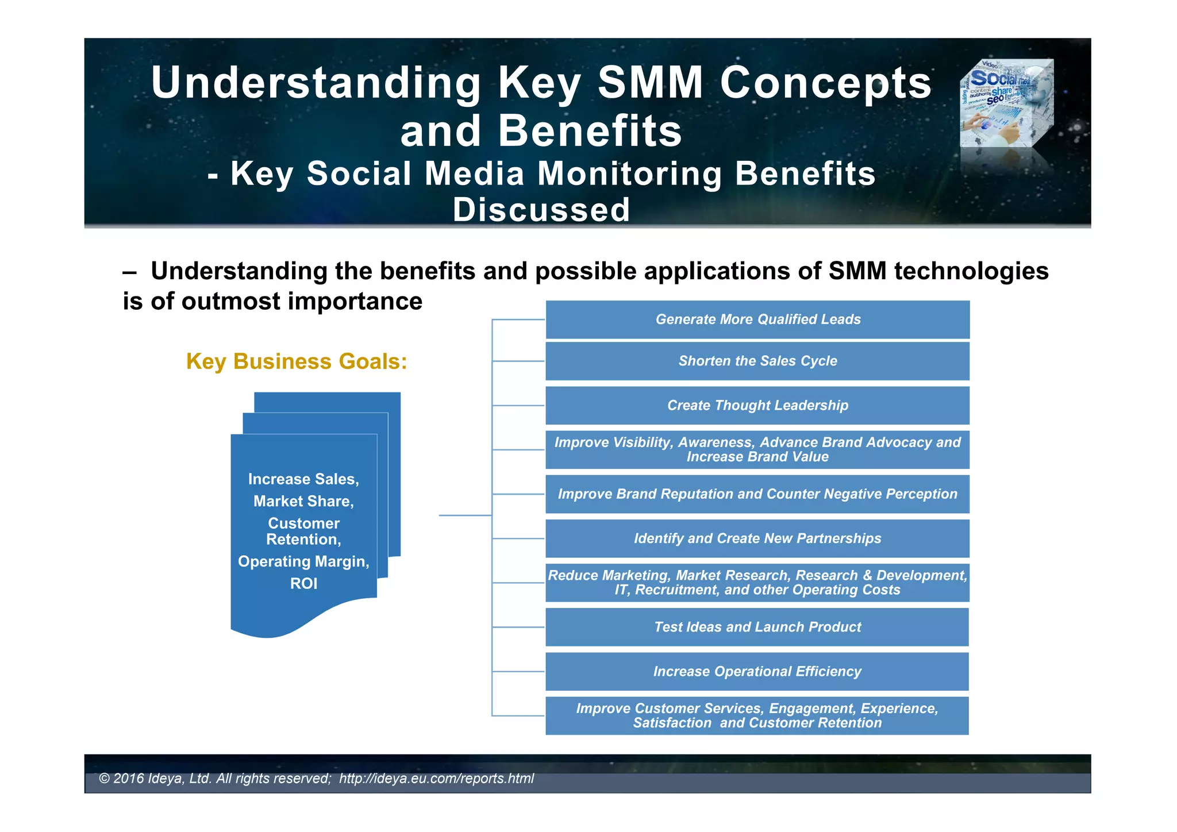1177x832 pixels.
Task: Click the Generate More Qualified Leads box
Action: pos(757,319)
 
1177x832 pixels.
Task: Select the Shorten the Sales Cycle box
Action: pos(757,361)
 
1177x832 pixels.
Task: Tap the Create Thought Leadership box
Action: pos(757,406)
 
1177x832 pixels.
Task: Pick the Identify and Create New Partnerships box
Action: pos(757,538)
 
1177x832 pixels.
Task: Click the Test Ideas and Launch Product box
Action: pos(757,627)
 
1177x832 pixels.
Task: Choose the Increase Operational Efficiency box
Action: pos(757,671)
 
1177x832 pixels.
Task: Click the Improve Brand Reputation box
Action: pos(757,494)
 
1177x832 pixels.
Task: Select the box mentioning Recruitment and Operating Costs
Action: pos(757,583)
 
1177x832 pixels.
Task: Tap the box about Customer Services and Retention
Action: pos(757,715)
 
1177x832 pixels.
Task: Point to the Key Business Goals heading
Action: pos(297,361)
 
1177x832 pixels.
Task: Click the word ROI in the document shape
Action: pos(303,584)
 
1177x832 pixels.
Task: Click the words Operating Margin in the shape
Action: pos(303,561)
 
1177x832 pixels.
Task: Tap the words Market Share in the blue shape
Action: pos(303,502)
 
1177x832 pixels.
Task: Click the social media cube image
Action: pos(1007,103)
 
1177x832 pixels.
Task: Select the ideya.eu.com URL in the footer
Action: pos(436,779)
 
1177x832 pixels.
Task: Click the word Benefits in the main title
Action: pos(590,131)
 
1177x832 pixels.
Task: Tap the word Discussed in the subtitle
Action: pos(541,210)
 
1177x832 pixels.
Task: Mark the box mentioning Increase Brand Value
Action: pos(757,450)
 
